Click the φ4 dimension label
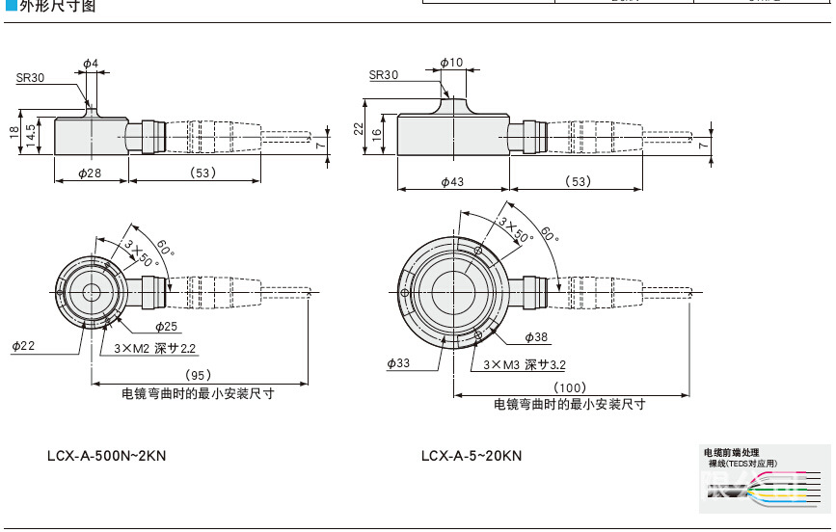pyautogui.click(x=90, y=64)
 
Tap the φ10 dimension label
pyautogui.click(x=451, y=64)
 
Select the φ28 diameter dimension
pyautogui.click(x=89, y=173)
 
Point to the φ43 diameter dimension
pyautogui.click(x=452, y=182)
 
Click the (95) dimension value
pyautogui.click(x=198, y=374)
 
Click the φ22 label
pyautogui.click(x=22, y=345)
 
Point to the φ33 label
pyautogui.click(x=398, y=363)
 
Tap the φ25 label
pyautogui.click(x=167, y=326)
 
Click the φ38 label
pyautogui.click(x=536, y=337)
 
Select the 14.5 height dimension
pyautogui.click(x=31, y=132)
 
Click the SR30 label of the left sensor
pyautogui.click(x=30, y=78)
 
